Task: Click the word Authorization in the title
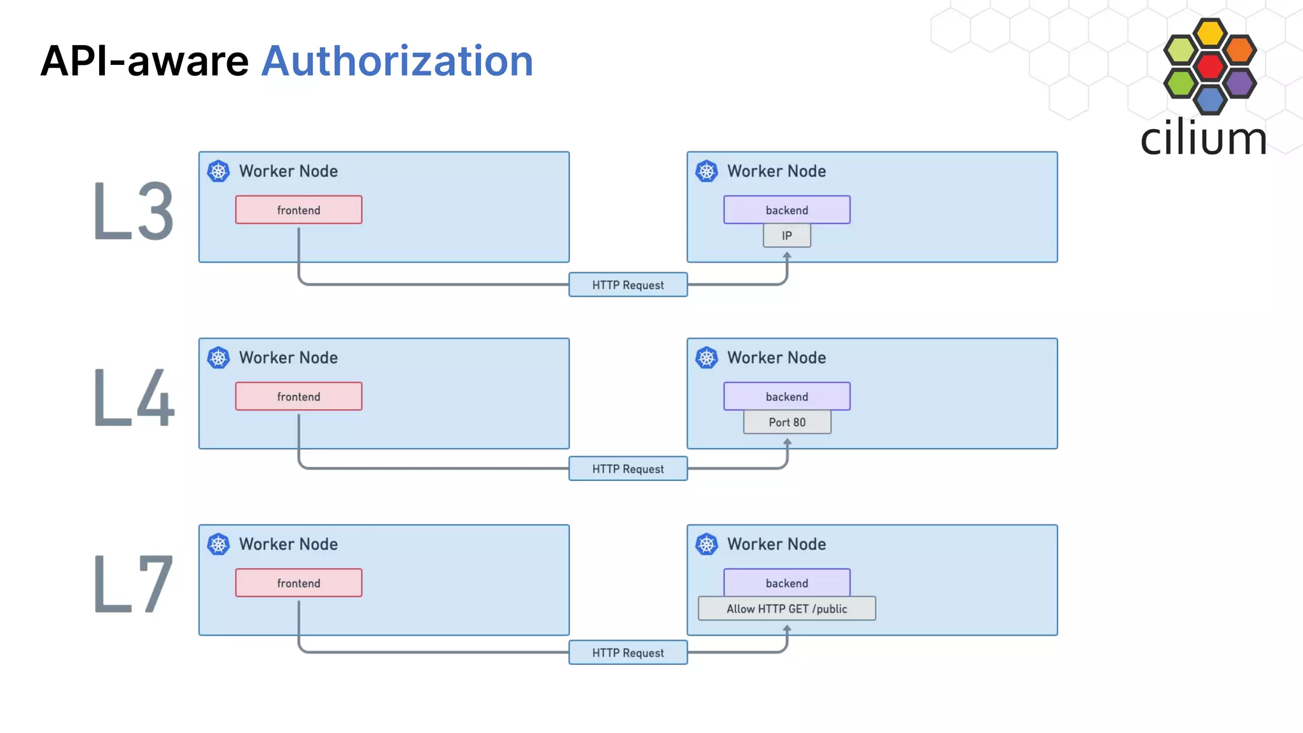click(x=397, y=62)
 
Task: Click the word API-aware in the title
click(x=144, y=62)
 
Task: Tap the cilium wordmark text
click(x=1203, y=138)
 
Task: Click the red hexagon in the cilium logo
click(x=1209, y=66)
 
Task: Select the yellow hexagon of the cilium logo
click(x=1209, y=33)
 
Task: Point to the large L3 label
click(x=133, y=211)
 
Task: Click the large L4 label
click(x=133, y=398)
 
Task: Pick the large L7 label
click(x=133, y=584)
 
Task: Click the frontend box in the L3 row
click(x=298, y=210)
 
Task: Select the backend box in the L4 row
click(x=786, y=396)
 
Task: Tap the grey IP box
click(x=786, y=236)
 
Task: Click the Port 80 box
click(x=786, y=422)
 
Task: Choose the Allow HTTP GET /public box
click(x=786, y=609)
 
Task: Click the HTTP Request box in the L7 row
click(x=627, y=653)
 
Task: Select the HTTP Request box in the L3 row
click(x=627, y=285)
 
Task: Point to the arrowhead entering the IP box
click(x=787, y=255)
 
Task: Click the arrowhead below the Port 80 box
click(x=787, y=442)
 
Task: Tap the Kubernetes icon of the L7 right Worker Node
click(x=706, y=544)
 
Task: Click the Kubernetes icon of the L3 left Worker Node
click(x=218, y=171)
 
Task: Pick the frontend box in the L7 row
click(x=298, y=583)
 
